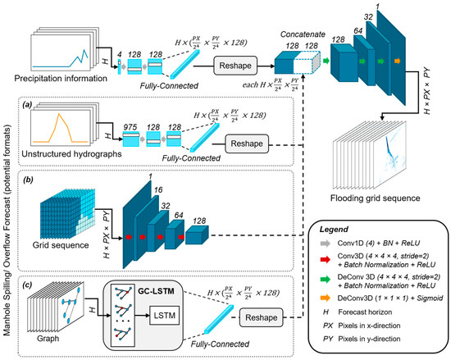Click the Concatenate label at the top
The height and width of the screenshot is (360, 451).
[x=298, y=16]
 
